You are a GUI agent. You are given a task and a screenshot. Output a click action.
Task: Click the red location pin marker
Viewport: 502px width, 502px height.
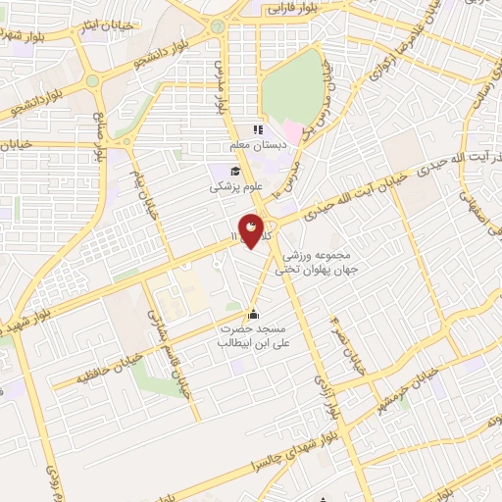point(252,229)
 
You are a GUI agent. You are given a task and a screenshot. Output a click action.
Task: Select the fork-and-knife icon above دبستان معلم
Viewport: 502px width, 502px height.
point(258,129)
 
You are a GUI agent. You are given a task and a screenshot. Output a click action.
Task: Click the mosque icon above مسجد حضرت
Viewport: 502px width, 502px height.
point(254,314)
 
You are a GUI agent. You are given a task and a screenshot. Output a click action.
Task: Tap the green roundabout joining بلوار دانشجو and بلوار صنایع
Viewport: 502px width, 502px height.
point(93,81)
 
